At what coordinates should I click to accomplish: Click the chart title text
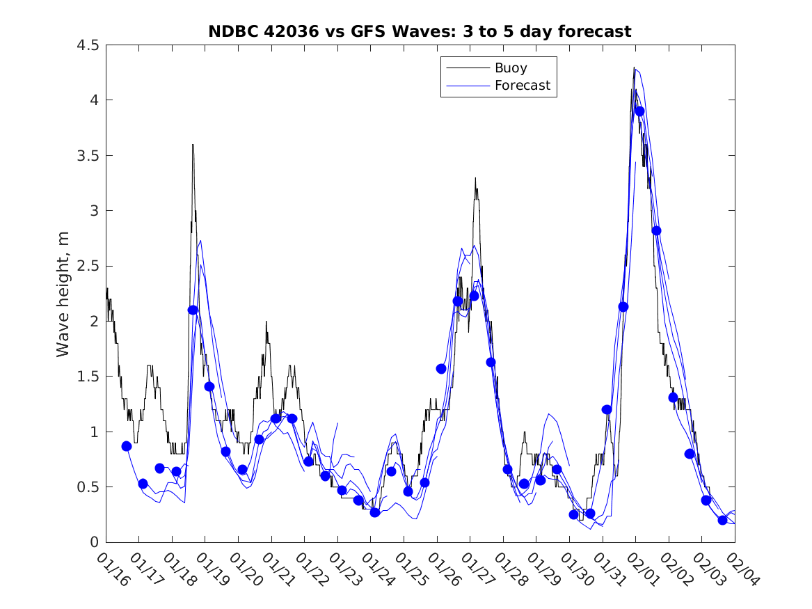(420, 31)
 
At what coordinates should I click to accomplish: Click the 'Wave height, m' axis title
(63, 294)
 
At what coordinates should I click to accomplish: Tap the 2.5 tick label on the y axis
(88, 266)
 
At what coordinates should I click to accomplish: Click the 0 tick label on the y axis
(94, 542)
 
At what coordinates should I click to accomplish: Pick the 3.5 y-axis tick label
(88, 156)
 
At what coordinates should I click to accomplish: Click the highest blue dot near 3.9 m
(639, 111)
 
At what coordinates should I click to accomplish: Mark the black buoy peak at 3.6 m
(193, 145)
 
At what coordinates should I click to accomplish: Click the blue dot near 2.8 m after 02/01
(656, 230)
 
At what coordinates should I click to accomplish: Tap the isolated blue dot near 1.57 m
(441, 368)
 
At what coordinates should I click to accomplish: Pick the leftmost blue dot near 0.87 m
(127, 446)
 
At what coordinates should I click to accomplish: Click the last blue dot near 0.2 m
(722, 520)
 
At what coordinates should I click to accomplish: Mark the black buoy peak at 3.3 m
(475, 178)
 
